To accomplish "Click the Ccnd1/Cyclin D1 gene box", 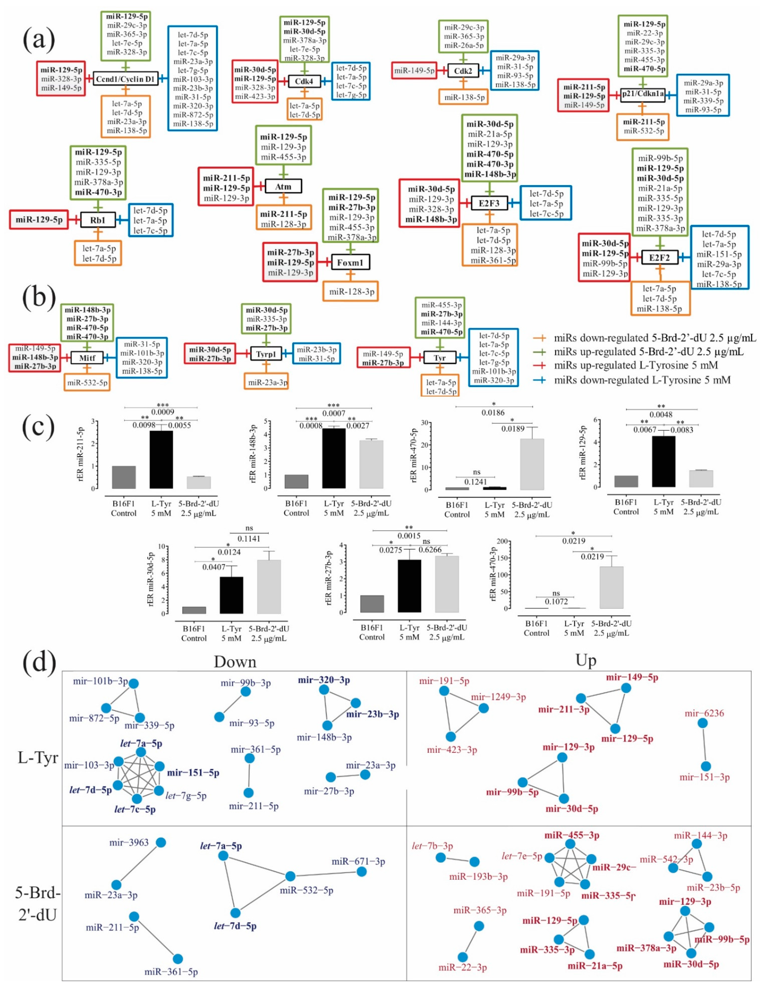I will tap(125, 79).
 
